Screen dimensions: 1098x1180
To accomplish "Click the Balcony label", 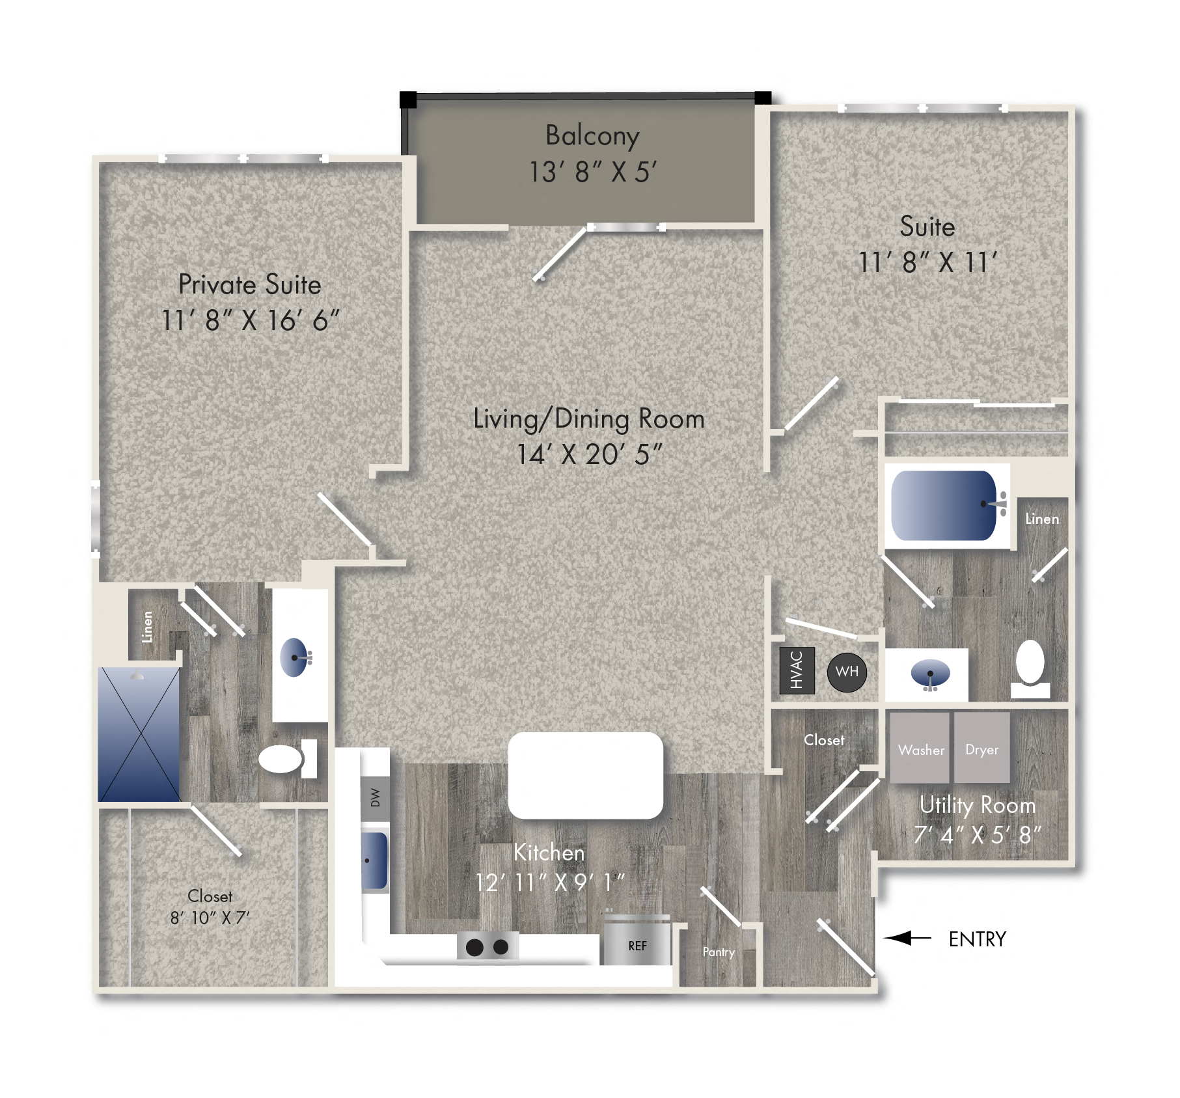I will coord(592,136).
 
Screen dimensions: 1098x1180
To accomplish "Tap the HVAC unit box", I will coord(797,670).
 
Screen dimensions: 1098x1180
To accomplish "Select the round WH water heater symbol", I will coord(847,672).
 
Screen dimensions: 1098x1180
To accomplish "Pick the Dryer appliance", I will coord(981,748).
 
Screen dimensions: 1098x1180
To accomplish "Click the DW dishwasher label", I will coord(375,797).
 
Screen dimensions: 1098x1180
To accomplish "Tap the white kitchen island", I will coord(585,775).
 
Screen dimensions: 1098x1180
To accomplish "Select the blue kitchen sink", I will coord(374,860).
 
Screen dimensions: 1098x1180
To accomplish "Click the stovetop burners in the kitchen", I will coord(487,947).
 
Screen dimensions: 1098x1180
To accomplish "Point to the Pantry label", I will coord(719,952).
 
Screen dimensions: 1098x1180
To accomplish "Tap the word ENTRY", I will coord(977,939).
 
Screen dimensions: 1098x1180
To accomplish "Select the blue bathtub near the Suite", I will coord(943,506).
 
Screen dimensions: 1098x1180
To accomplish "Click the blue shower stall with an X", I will coord(139,734).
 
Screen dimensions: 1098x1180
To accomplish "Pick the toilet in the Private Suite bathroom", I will coord(286,758).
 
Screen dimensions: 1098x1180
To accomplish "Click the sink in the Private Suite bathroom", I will coord(294,657).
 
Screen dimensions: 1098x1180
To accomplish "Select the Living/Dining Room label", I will coord(588,419).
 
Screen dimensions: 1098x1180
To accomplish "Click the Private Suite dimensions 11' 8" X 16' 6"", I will coord(250,320).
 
